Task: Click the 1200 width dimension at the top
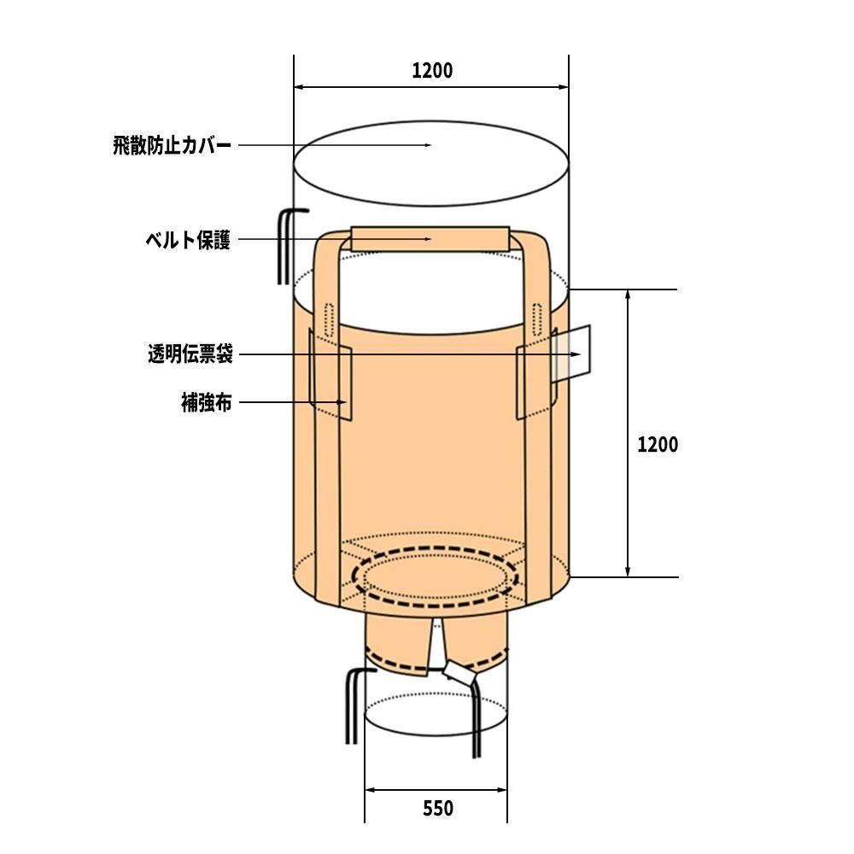(432, 71)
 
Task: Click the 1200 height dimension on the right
(658, 444)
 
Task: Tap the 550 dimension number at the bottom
(438, 808)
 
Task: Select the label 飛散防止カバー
(173, 145)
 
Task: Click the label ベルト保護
(188, 240)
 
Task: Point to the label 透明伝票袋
(190, 354)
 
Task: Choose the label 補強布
(207, 402)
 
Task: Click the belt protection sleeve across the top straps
(430, 238)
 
